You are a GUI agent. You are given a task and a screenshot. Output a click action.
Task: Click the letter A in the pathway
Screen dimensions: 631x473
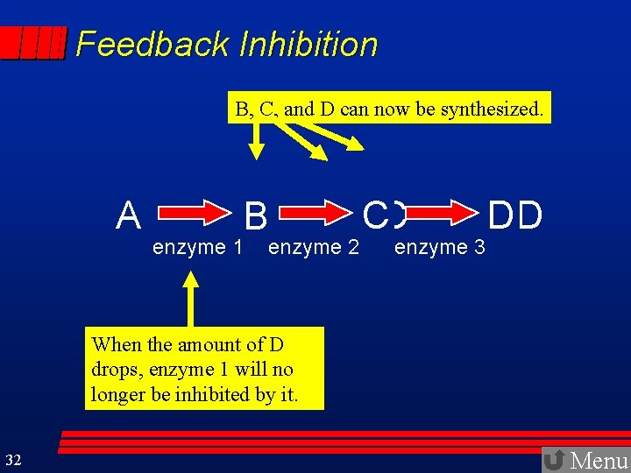[x=129, y=215]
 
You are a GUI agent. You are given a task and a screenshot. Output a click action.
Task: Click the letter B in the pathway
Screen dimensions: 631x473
[x=256, y=215]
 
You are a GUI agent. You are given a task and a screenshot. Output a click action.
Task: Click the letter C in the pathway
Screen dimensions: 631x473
[x=375, y=215]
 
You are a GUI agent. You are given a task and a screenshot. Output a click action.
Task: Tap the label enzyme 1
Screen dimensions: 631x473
[x=197, y=248]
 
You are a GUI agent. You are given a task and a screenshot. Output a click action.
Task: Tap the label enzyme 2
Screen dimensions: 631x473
[x=314, y=248]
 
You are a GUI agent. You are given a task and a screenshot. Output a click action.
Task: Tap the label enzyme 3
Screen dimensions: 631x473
[x=439, y=248]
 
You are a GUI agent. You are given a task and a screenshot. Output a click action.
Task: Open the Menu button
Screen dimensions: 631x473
[x=599, y=460]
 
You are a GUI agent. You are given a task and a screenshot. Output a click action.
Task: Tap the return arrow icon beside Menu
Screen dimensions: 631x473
[x=554, y=460]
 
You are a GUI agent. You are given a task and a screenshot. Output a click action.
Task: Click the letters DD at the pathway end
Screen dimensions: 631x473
[x=514, y=215]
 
